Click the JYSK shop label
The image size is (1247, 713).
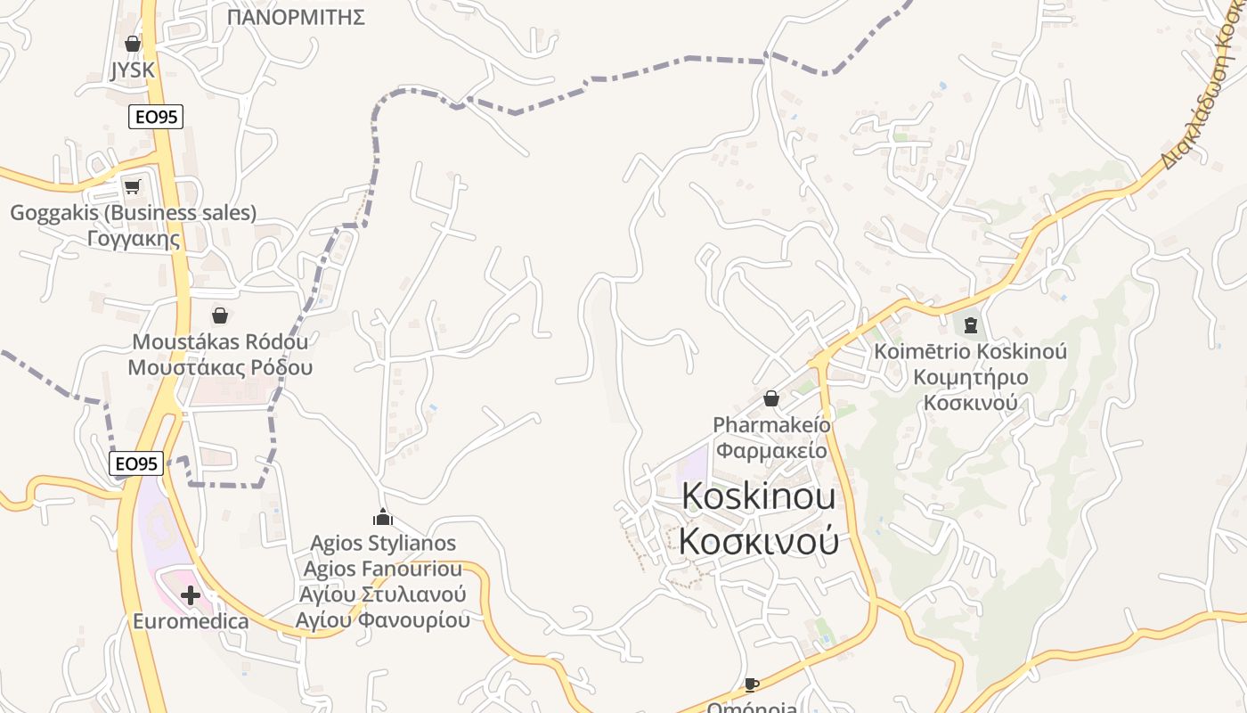tap(133, 70)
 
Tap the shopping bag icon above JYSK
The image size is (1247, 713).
tap(133, 43)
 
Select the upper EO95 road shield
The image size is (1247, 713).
tap(156, 117)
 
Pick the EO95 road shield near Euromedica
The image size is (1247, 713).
tap(136, 463)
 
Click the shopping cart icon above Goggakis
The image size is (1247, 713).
tap(133, 186)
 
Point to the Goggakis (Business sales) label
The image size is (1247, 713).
tap(133, 213)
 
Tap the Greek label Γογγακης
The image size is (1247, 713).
tap(134, 239)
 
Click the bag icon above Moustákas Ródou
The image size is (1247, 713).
tap(219, 316)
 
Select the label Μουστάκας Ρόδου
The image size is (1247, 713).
tap(220, 367)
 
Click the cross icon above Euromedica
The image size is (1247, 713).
tap(190, 595)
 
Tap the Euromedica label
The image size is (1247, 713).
tap(191, 621)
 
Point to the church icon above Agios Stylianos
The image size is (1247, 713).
tap(383, 517)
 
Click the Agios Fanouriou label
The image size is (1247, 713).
tap(383, 569)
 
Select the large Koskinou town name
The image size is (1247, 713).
tap(759, 497)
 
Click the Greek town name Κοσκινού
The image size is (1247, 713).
tap(759, 540)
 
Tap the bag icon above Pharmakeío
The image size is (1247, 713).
tap(771, 398)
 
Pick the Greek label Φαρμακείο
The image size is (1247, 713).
tap(771, 450)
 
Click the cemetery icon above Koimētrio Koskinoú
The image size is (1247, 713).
tap(970, 324)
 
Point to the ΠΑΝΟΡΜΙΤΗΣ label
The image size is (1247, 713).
tap(296, 17)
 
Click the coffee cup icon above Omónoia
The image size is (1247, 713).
tap(752, 684)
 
